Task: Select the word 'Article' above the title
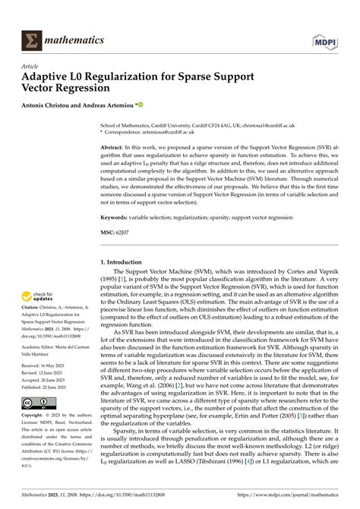click(x=32, y=66)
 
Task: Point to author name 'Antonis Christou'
click(x=55, y=106)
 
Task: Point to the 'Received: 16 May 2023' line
click(x=49, y=386)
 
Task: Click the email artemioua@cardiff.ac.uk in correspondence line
click(x=195, y=133)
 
